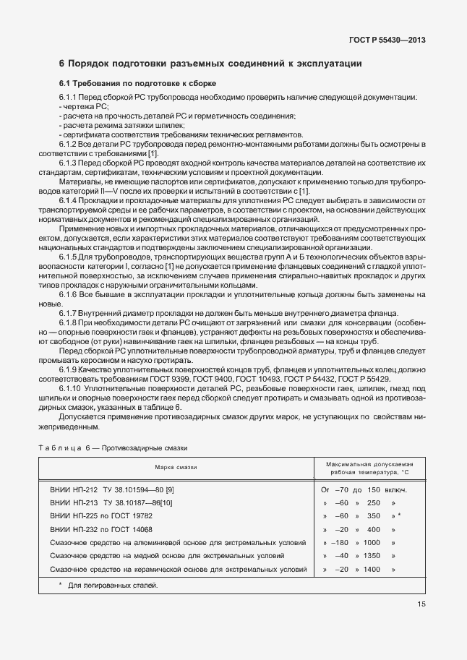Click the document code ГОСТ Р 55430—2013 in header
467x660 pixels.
coord(386,40)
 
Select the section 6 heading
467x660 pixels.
coord(210,64)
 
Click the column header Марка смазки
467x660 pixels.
coord(176,467)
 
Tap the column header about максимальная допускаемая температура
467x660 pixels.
coord(369,467)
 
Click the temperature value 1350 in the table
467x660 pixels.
coord(372,556)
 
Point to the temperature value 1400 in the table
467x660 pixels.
coord(372,570)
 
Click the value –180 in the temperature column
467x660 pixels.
coord(342,543)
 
